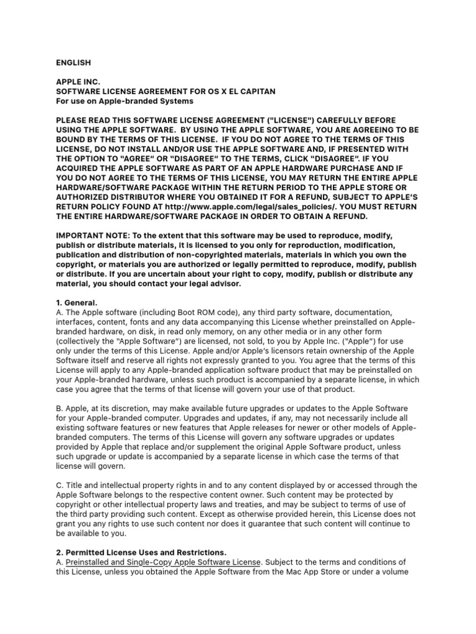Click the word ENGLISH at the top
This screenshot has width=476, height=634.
[74, 63]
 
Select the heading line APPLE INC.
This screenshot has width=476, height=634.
[77, 82]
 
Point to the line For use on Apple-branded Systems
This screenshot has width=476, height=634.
[125, 101]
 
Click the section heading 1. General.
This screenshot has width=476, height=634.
[77, 302]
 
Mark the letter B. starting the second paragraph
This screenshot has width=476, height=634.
[59, 408]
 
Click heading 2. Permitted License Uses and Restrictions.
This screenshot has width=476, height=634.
[141, 552]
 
